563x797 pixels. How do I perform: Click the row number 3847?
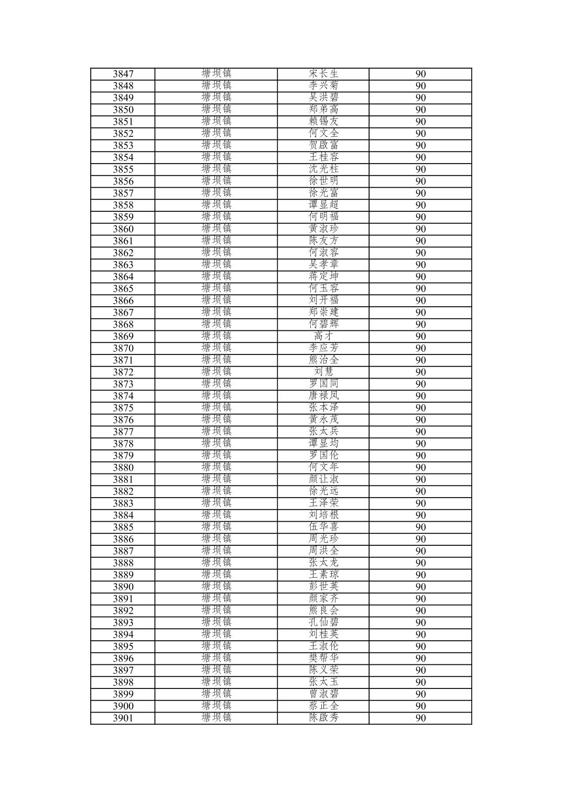point(123,74)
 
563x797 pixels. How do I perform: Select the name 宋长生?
point(323,74)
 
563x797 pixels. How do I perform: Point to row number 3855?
point(123,169)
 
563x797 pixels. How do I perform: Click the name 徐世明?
point(323,181)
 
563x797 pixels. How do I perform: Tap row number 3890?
point(123,587)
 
